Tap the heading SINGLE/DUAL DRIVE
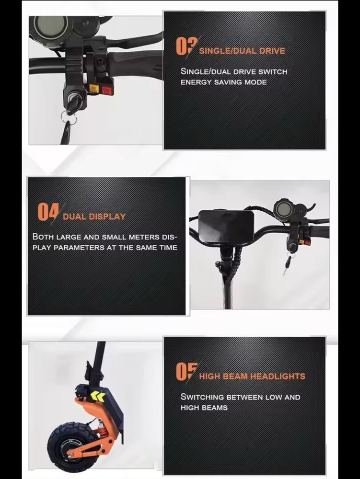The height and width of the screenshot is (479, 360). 242,51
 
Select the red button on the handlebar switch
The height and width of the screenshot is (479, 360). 106,90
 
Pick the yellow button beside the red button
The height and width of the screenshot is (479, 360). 93,89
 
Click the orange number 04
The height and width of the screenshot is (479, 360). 48,211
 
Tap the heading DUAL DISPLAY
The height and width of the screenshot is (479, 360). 94,217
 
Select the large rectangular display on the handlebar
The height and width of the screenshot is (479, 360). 226,226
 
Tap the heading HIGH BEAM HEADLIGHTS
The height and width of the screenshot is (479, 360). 252,376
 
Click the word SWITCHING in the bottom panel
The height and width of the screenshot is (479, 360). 203,397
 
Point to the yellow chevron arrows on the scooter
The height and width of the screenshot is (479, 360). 97,396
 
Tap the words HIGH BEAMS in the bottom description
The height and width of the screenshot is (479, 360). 204,408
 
